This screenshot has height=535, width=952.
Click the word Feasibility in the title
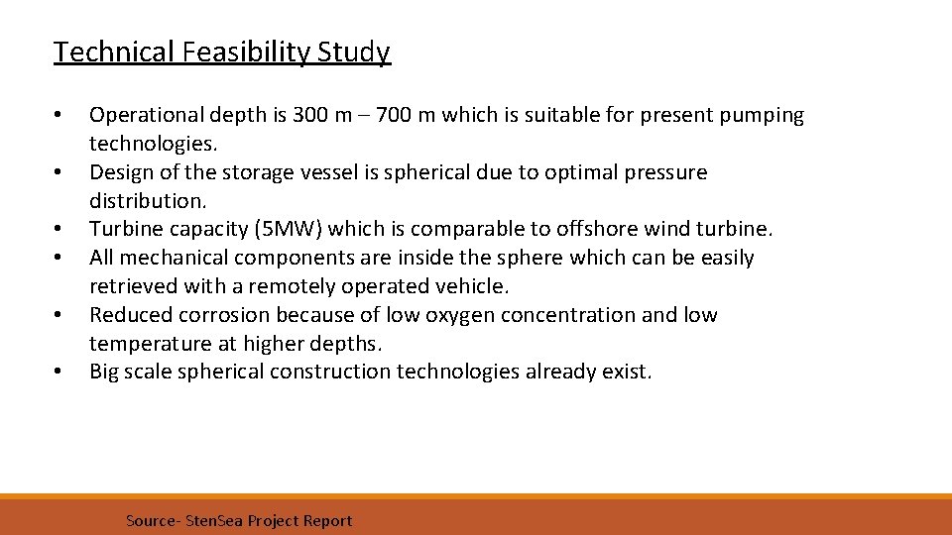[x=248, y=52]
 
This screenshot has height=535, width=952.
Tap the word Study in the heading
[x=354, y=52]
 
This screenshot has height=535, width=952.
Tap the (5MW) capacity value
[x=289, y=229]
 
